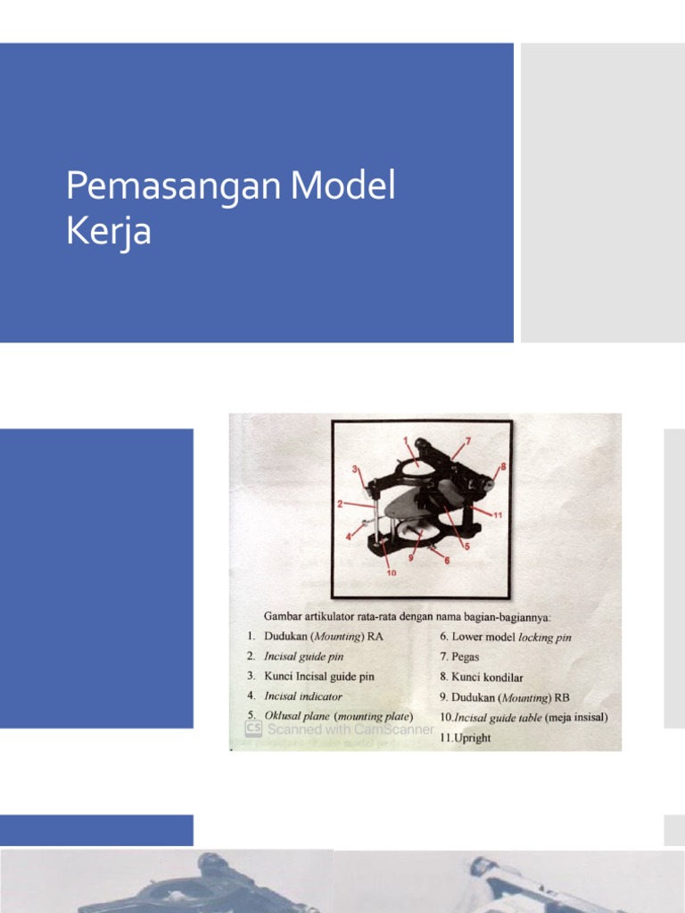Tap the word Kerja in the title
click(x=108, y=232)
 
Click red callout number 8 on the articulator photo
click(x=503, y=465)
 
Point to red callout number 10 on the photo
click(x=391, y=573)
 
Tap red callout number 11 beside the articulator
click(x=498, y=514)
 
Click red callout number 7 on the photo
click(x=466, y=441)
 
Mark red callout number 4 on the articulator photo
click(x=349, y=537)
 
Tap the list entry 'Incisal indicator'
click(x=302, y=696)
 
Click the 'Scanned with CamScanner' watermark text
click(x=350, y=728)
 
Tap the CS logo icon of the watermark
click(x=252, y=728)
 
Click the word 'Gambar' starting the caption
click(x=282, y=615)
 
